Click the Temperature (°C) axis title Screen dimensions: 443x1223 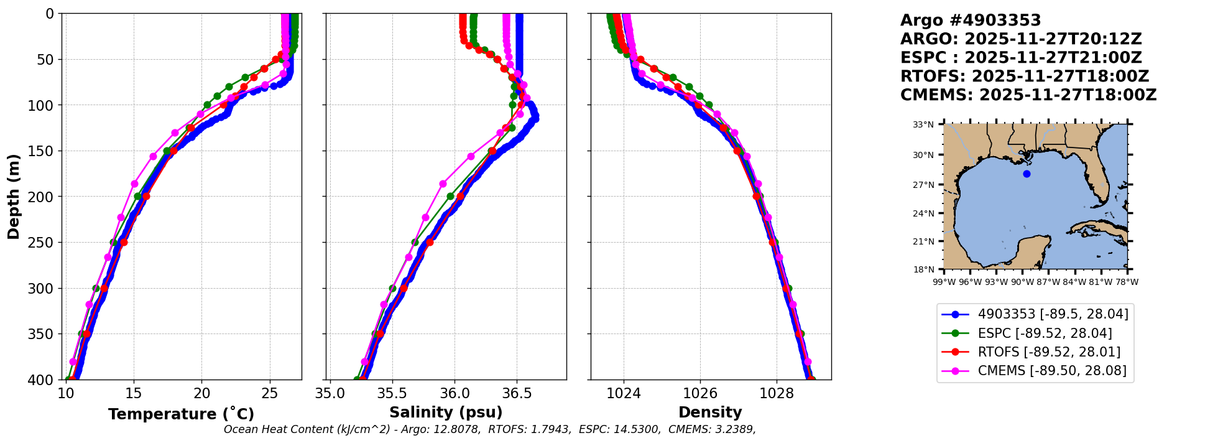pyautogui.click(x=181, y=414)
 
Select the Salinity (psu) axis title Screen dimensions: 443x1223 pyautogui.click(x=446, y=413)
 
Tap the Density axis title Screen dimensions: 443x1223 pyautogui.click(x=710, y=413)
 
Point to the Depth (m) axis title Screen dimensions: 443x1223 pyautogui.click(x=14, y=196)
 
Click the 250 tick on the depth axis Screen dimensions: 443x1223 pyautogui.click(x=44, y=243)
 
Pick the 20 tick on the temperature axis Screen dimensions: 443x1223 pyautogui.click(x=201, y=394)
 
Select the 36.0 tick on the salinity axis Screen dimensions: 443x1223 pyautogui.click(x=455, y=394)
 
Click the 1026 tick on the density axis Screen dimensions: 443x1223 pyautogui.click(x=700, y=394)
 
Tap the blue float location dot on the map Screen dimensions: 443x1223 pyautogui.click(x=1027, y=174)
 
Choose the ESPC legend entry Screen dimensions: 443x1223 pyautogui.click(x=1045, y=333)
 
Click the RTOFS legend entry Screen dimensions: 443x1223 pyautogui.click(x=1049, y=352)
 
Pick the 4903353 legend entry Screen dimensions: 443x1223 pyautogui.click(x=1053, y=315)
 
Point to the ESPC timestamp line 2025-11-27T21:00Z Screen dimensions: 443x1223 pyautogui.click(x=1021, y=58)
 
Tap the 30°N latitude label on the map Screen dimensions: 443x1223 pyautogui.click(x=923, y=155)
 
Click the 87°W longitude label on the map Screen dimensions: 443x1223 pyautogui.click(x=1048, y=282)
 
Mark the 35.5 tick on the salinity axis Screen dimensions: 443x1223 pyautogui.click(x=392, y=394)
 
